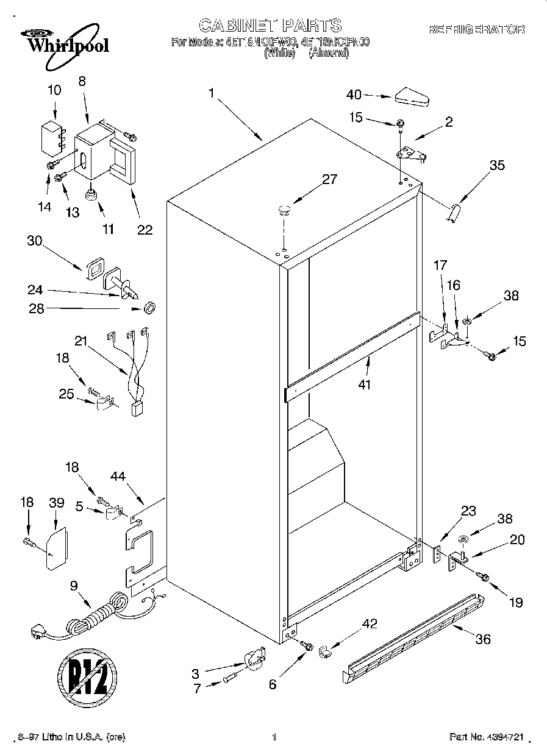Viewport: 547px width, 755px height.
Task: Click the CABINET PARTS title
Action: point(270,25)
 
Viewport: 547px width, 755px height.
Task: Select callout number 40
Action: point(354,94)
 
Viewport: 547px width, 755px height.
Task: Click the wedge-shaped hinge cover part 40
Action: point(413,96)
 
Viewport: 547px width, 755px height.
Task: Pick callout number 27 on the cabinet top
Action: point(330,180)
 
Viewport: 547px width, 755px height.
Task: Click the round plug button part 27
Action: point(283,211)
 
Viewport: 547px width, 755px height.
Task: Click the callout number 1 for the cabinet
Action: point(211,93)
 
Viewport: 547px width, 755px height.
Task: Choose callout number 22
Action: point(145,230)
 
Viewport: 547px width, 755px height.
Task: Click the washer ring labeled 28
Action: point(148,308)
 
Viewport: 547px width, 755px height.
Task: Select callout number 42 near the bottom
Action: point(370,623)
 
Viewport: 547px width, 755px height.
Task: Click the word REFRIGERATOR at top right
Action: point(477,29)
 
